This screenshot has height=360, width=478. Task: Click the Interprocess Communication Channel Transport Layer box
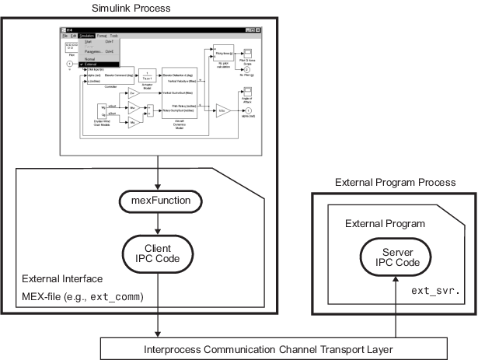click(286, 348)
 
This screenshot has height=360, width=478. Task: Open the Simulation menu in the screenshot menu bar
click(85, 36)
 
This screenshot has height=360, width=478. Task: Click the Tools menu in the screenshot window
click(114, 36)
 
